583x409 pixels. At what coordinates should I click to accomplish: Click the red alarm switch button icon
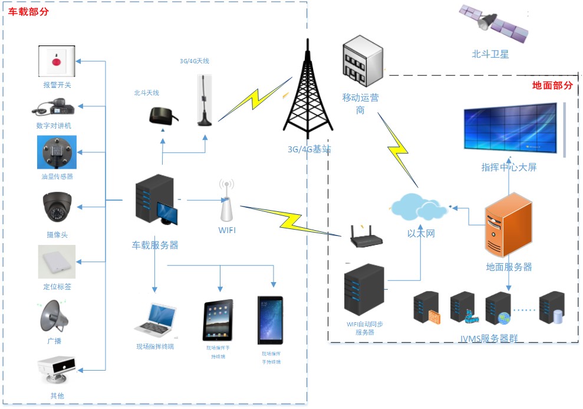tap(57, 61)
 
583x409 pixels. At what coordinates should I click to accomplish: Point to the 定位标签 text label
tap(57, 287)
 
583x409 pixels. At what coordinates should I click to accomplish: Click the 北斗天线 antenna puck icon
tap(160, 115)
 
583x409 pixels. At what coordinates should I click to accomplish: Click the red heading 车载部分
tap(28, 12)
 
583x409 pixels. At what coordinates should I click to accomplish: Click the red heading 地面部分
tap(552, 85)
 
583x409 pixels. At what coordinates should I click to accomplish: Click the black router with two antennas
tap(366, 237)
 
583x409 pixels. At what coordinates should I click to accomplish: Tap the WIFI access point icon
tap(226, 203)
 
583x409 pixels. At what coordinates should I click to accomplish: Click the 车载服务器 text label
tap(154, 245)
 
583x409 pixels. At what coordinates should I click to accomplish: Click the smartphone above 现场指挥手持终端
tap(270, 320)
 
